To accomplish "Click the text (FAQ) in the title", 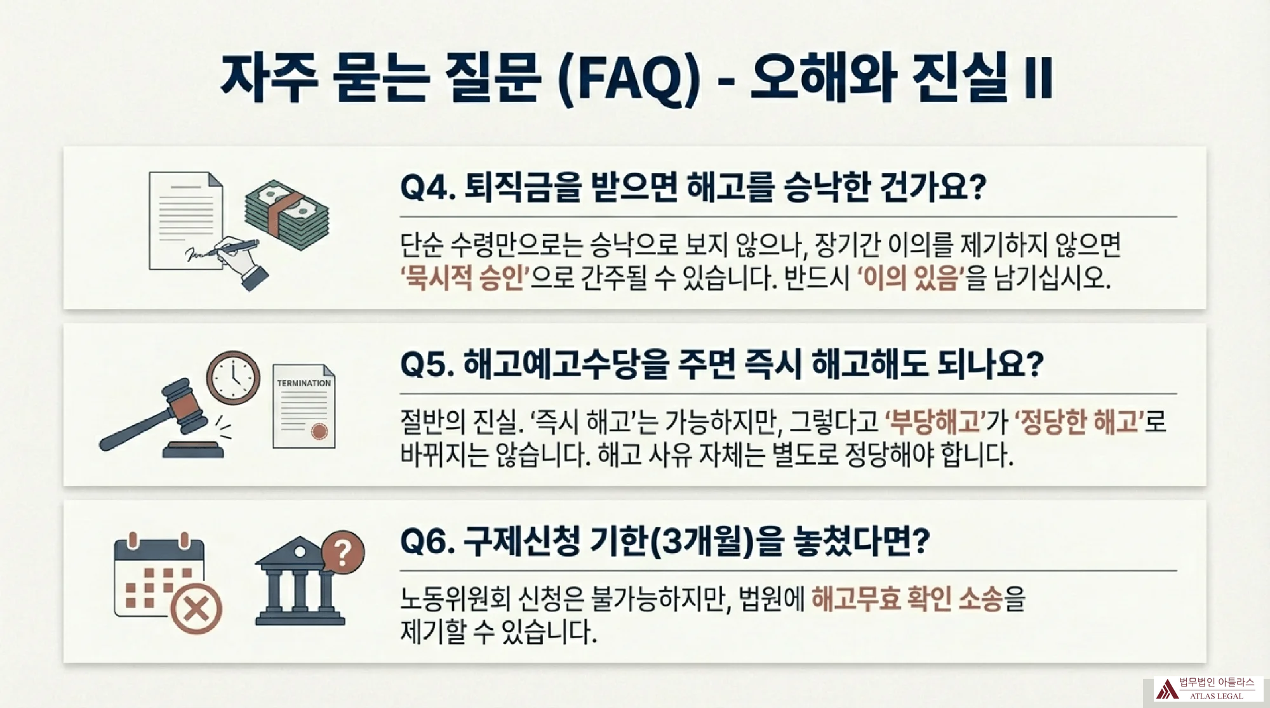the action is click(x=629, y=79).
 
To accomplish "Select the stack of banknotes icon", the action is click(x=287, y=214).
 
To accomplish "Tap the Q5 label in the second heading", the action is click(x=427, y=365).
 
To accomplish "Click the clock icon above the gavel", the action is click(x=233, y=377).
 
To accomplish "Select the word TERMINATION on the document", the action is click(x=304, y=383).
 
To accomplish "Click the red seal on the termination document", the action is click(x=319, y=431).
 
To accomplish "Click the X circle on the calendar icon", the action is click(x=196, y=608).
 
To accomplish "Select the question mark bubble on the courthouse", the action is click(x=343, y=552).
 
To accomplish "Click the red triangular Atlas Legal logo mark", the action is click(x=1166, y=689).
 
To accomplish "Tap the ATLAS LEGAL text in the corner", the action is click(x=1217, y=696).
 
